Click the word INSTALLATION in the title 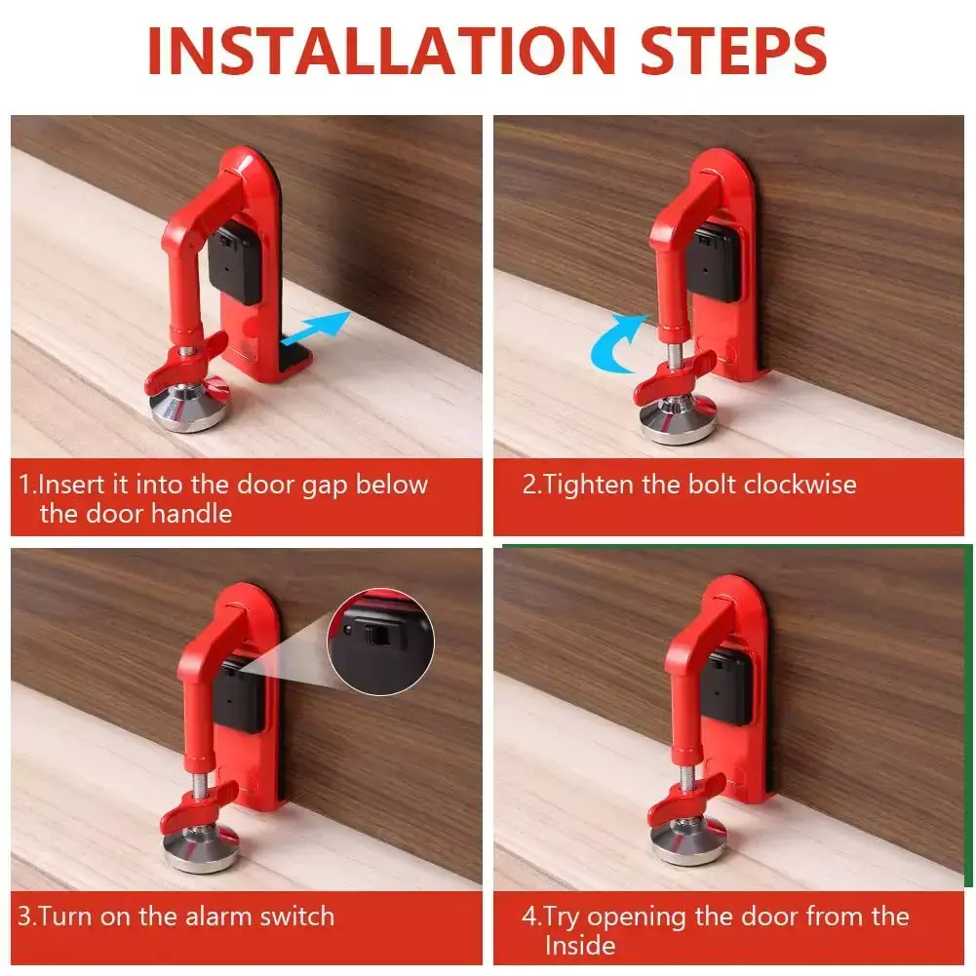[381, 51]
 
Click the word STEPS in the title [733, 51]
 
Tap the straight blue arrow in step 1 [315, 328]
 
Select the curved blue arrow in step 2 [616, 343]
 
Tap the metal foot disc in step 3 [201, 847]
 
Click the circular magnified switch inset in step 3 [381, 642]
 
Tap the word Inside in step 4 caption [580, 946]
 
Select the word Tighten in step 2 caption [588, 485]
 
